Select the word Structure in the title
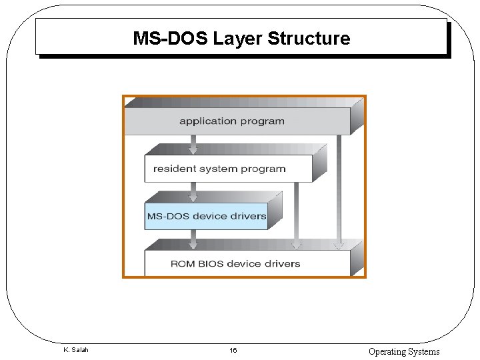click(309, 39)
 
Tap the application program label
click(231, 121)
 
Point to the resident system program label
click(219, 169)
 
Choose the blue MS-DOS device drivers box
click(206, 216)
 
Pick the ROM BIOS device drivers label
click(235, 263)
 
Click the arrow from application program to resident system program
click(193, 145)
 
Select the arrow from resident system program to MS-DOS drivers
click(193, 192)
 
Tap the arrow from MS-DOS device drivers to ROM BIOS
click(193, 239)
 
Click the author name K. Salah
click(75, 350)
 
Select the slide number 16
click(233, 351)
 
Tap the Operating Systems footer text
click(404, 351)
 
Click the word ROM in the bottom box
click(183, 263)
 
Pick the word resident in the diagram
click(175, 169)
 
